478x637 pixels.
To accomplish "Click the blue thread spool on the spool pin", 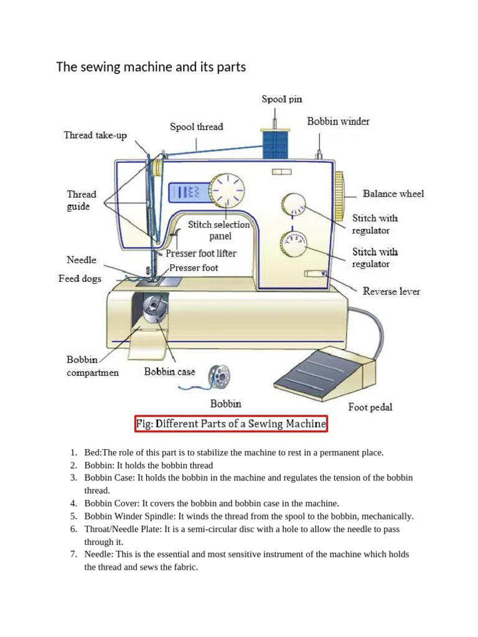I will [274, 144].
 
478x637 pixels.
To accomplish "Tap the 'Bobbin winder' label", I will [338, 121].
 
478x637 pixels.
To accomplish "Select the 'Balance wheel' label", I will [393, 193].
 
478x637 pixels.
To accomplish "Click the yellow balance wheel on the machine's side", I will [340, 196].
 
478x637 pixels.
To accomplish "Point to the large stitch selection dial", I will [227, 190].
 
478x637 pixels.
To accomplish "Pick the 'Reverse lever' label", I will [391, 291].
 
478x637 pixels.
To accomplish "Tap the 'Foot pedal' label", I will [370, 407].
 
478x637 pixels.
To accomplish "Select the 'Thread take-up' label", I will [95, 135].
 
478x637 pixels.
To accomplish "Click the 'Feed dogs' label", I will [80, 278].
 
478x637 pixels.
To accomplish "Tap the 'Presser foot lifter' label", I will [201, 254].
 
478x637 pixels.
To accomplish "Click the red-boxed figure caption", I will [231, 424].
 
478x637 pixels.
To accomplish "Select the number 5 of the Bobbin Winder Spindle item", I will [73, 516].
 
